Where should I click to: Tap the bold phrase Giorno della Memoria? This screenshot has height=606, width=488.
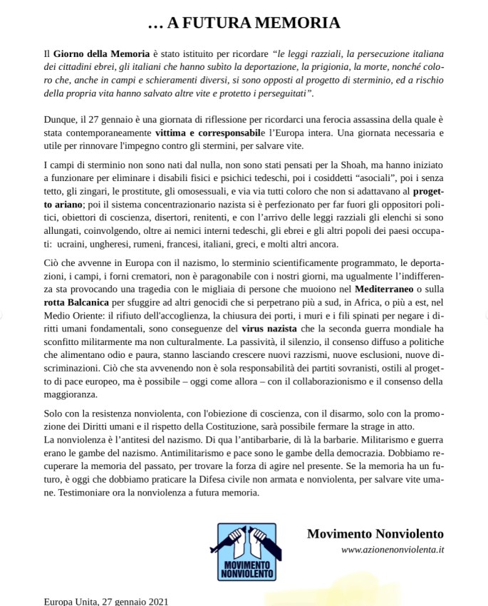click(x=101, y=54)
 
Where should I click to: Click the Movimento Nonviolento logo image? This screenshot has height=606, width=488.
click(x=246, y=550)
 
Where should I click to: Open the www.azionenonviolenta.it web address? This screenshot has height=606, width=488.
click(x=392, y=550)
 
